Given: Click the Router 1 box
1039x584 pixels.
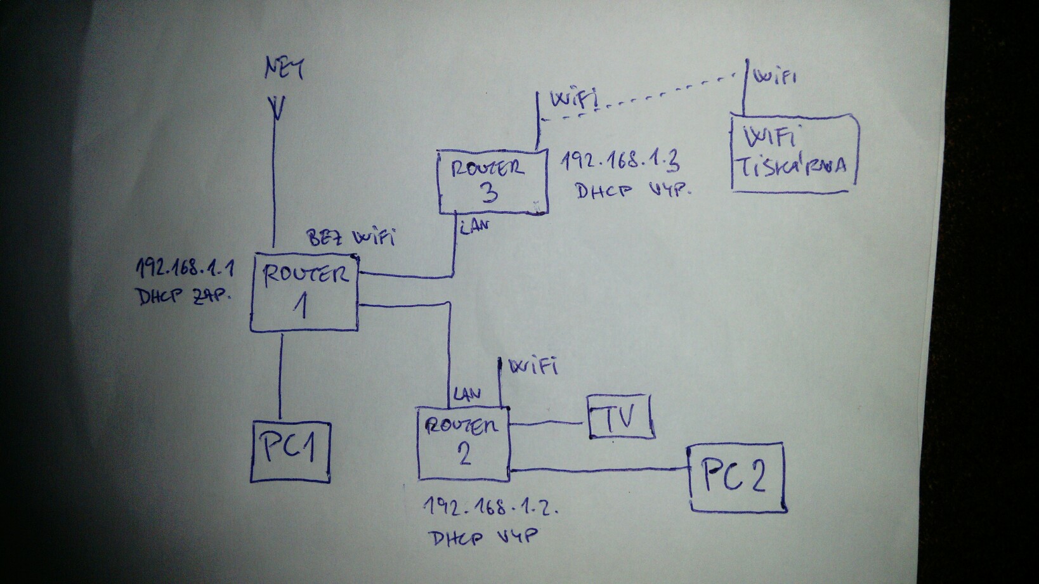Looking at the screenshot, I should click(304, 292).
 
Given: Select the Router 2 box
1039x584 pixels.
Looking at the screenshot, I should click(464, 443).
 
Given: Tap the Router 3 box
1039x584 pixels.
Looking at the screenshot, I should click(492, 181).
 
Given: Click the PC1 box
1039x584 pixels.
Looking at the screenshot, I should click(291, 451).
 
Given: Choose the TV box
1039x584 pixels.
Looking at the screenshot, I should click(620, 416).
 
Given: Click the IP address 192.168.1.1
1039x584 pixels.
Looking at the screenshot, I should click(185, 269).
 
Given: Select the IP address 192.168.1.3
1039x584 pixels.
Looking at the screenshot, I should click(620, 162).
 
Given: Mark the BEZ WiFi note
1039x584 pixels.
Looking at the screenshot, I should click(351, 238).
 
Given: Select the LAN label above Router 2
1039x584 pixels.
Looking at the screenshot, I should click(466, 394).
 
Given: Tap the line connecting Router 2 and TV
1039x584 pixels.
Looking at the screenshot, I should click(549, 422).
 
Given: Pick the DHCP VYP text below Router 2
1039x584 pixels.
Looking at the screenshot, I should click(483, 538).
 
